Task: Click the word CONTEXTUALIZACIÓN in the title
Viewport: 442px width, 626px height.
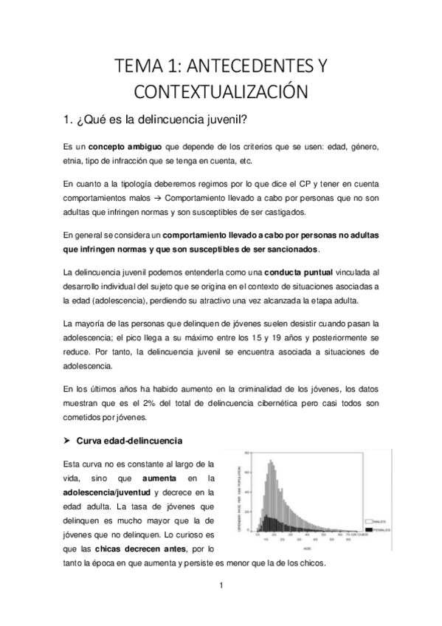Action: (221, 93)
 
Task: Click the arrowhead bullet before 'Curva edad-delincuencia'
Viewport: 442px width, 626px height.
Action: (68, 441)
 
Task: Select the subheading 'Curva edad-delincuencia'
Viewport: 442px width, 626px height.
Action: (130, 441)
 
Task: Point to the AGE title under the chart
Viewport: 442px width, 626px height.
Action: (305, 548)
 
